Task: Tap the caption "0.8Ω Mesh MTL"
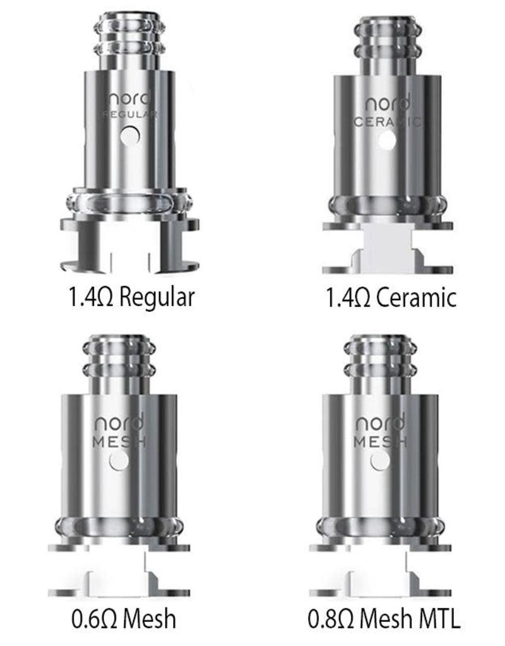(x=384, y=618)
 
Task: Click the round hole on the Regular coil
(x=131, y=134)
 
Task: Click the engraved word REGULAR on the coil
(x=130, y=115)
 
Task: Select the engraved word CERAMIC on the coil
(x=385, y=122)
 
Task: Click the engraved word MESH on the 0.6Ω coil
(x=119, y=442)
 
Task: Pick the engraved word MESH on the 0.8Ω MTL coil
(x=379, y=442)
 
